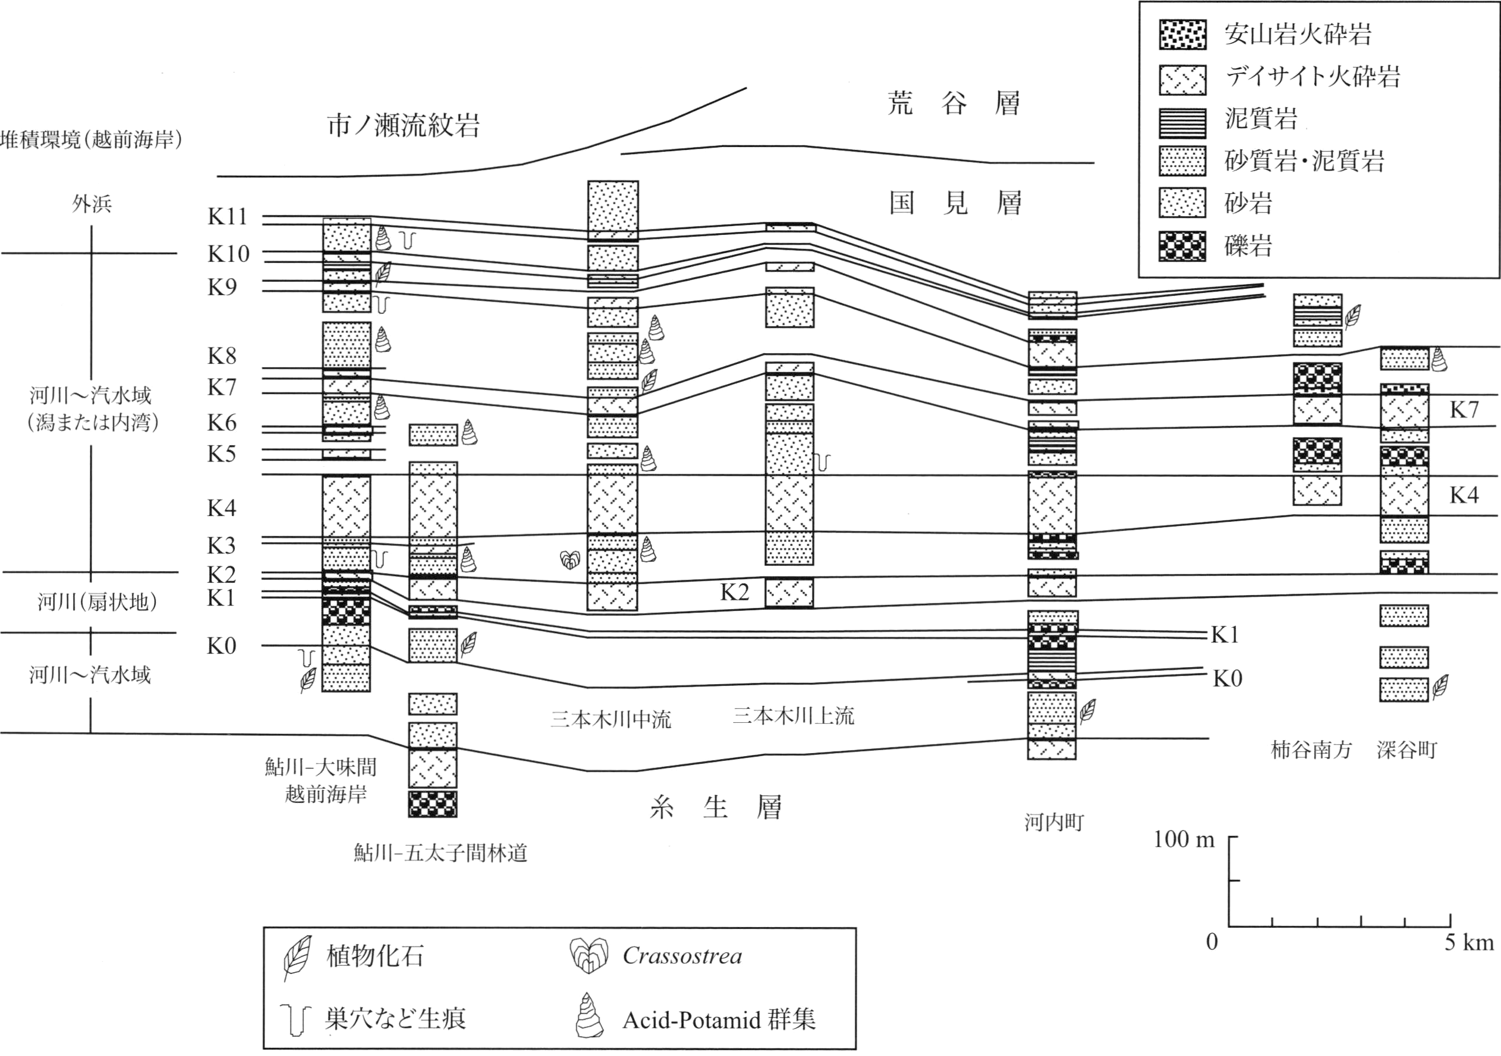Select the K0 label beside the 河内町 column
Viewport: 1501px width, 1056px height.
pos(1227,679)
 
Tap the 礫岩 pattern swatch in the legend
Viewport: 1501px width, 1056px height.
pos(1182,247)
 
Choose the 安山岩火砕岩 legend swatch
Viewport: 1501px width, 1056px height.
pos(1182,35)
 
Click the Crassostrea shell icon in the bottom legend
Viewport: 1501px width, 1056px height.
pos(589,955)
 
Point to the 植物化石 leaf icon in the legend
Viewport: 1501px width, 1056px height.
pos(297,958)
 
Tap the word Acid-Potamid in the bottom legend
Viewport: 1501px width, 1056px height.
pos(692,1020)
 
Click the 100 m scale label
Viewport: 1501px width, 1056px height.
pos(1183,839)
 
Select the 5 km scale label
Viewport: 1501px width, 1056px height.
pos(1469,942)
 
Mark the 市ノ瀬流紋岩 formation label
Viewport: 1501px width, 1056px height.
pos(404,125)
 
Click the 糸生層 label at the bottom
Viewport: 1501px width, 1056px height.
pos(716,808)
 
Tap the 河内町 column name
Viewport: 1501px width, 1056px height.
pos(1054,822)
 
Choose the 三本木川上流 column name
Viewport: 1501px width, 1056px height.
pos(793,715)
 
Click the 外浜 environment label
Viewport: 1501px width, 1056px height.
pos(92,204)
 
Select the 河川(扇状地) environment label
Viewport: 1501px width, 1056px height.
pos(97,602)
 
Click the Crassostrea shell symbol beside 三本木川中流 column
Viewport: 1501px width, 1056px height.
pos(570,560)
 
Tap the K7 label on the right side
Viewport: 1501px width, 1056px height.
pos(1464,410)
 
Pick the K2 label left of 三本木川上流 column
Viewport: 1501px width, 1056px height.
pos(734,592)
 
